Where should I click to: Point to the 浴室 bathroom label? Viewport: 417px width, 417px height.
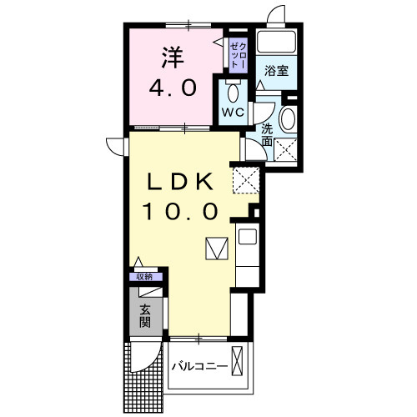click(x=277, y=71)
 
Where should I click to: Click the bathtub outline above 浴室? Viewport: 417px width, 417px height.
click(x=276, y=43)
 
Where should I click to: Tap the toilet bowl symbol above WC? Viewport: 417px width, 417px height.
click(x=233, y=92)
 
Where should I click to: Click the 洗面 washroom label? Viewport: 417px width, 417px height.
click(x=267, y=136)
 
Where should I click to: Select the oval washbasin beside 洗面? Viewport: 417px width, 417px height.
click(x=288, y=118)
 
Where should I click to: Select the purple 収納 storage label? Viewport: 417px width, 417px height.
click(x=146, y=277)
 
